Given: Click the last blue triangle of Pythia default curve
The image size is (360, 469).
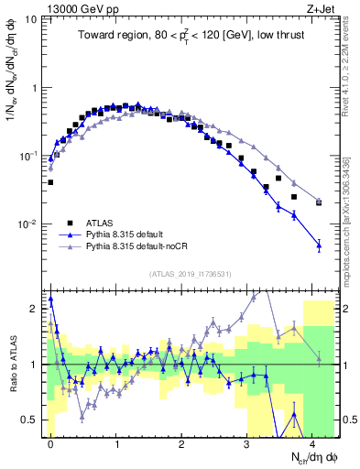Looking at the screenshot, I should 319,245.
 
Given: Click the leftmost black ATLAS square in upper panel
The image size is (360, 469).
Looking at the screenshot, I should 50,182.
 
